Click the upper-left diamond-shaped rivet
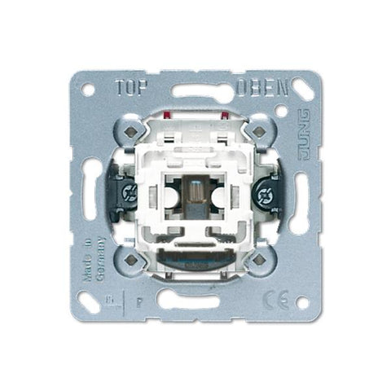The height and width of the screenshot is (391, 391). (130, 130)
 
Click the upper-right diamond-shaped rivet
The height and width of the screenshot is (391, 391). (258, 130)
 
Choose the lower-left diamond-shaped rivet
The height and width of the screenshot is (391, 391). (130, 259)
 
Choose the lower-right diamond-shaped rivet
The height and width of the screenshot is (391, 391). (258, 259)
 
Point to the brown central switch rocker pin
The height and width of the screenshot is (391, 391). (195, 197)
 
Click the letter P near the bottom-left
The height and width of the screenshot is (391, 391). (141, 298)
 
